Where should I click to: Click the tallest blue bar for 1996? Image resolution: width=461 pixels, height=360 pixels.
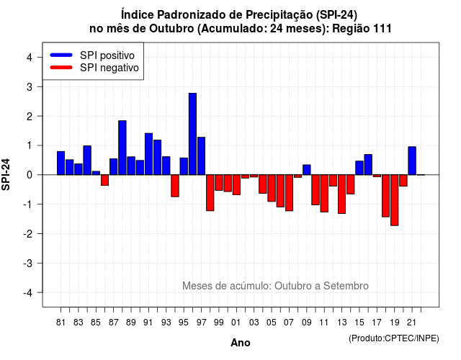[x=192, y=134]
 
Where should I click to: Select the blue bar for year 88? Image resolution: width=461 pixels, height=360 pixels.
[x=122, y=148]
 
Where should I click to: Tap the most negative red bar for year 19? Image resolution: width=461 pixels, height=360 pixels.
[x=395, y=200]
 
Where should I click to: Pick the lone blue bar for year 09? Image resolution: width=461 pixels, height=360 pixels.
[x=307, y=170]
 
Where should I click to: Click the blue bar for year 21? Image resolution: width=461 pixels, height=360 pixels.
[x=412, y=161]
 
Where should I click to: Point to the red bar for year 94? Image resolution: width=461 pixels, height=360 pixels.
[x=175, y=186]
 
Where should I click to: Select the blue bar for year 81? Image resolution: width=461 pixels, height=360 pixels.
[x=61, y=163]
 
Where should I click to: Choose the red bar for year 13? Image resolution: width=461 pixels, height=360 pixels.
[x=342, y=194]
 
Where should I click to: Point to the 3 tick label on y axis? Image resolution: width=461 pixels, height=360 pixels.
[x=30, y=87]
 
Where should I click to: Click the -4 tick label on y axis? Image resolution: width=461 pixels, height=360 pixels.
[x=28, y=293]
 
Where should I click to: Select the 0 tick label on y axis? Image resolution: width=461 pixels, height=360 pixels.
[x=30, y=175]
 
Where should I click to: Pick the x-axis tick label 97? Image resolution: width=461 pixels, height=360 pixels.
[x=202, y=323]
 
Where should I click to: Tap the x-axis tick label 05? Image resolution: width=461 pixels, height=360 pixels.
[x=272, y=323]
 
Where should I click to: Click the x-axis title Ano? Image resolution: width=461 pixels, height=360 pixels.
[x=241, y=343]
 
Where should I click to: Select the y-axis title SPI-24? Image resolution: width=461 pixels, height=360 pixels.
[x=6, y=174]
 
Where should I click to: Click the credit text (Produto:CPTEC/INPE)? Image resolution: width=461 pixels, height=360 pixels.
[x=394, y=338]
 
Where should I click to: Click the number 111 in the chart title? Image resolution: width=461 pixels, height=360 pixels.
[x=382, y=29]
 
